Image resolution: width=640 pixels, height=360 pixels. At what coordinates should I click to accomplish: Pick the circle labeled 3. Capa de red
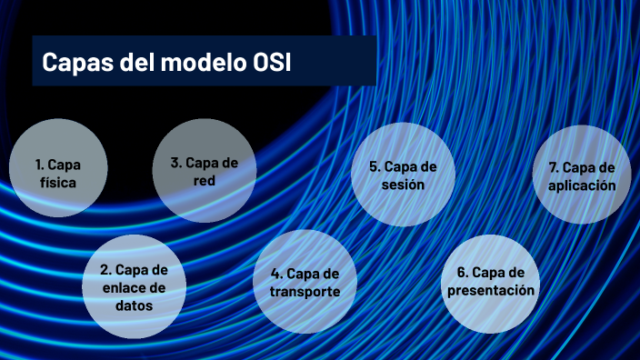(204, 171)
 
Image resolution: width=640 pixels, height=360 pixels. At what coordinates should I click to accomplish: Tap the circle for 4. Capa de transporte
(305, 283)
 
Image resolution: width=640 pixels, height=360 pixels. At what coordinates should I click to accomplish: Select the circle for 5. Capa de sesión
(403, 175)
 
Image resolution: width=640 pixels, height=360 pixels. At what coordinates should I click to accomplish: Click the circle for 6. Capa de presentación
(491, 282)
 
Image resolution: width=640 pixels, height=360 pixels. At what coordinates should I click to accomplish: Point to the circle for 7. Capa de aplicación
(582, 176)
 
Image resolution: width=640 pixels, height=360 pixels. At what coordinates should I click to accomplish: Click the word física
(57, 182)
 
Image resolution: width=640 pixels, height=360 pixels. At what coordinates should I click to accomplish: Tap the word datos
(134, 305)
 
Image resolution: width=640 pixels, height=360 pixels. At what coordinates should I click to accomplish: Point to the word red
(204, 180)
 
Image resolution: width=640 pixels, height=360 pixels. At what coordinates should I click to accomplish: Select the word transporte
(305, 292)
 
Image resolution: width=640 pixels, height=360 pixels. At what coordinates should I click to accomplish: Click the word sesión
(403, 185)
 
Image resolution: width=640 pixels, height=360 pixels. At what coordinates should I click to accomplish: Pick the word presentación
(491, 291)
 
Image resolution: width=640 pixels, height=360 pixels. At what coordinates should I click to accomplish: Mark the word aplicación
(582, 185)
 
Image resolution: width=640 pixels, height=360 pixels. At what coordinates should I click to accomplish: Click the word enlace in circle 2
(124, 288)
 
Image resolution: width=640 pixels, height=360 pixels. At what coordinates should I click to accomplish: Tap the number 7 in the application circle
(553, 167)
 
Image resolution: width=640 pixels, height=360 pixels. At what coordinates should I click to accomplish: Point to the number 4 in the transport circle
(275, 274)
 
